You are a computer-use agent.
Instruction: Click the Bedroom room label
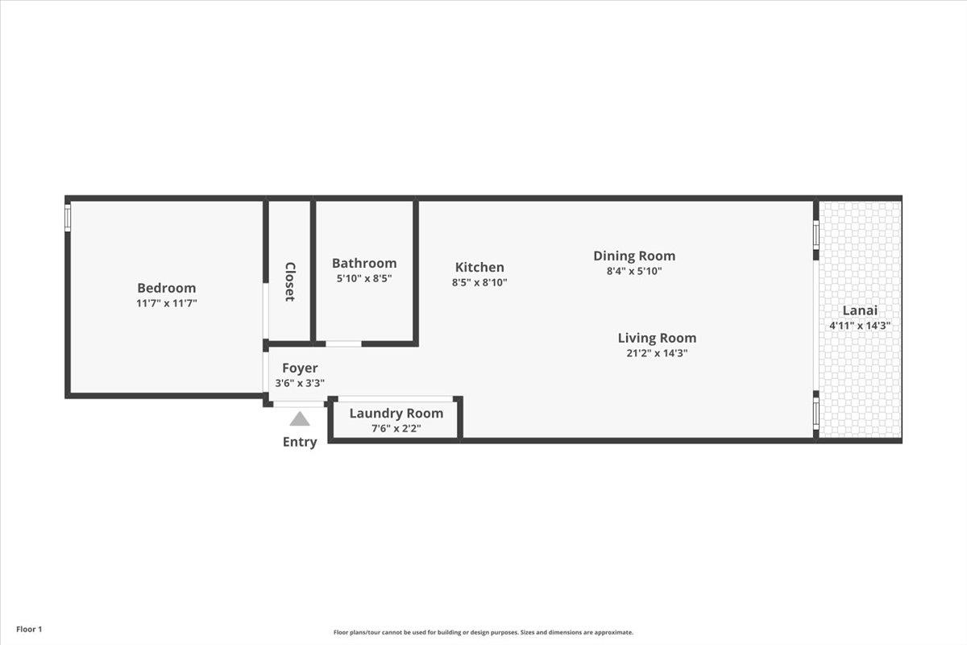point(166,288)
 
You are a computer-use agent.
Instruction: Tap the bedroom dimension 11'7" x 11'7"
point(166,303)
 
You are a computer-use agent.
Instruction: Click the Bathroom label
point(364,263)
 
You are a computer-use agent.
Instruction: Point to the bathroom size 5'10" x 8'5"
point(364,278)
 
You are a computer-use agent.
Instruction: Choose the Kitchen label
point(479,267)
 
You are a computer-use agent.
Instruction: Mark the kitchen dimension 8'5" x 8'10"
point(479,282)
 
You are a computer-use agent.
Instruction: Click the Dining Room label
point(634,256)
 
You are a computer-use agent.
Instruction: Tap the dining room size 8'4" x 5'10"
point(634,271)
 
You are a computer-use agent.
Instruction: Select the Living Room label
point(657,338)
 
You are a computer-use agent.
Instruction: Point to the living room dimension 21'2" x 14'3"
point(657,353)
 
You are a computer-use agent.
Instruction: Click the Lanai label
point(860,310)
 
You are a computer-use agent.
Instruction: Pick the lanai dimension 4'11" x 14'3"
point(860,326)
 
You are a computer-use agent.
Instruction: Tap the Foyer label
point(300,368)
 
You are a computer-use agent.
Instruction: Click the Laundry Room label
point(396,414)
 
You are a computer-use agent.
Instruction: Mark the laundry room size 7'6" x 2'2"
point(396,428)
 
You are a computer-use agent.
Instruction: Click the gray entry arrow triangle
point(300,418)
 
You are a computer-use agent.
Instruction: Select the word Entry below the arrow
point(300,442)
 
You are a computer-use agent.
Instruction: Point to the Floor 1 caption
point(28,629)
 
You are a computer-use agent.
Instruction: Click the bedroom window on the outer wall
point(68,217)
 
